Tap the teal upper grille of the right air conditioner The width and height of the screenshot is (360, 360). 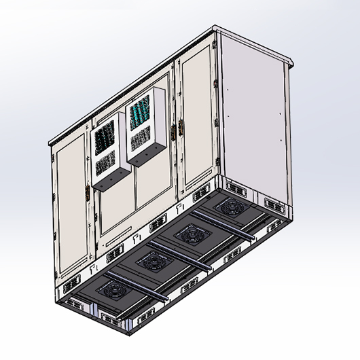tap(140, 111)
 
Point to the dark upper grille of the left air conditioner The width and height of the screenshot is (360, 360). tap(103, 136)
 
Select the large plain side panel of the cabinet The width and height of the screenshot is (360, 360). tap(255, 115)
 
